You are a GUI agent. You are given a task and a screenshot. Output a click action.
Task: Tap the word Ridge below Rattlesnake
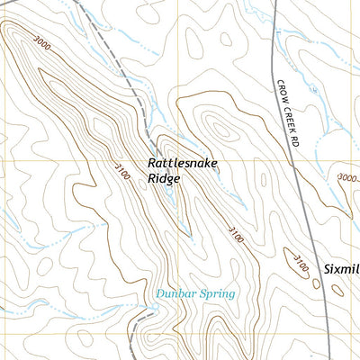tap(166, 179)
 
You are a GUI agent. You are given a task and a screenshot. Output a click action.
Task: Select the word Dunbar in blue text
tap(173, 293)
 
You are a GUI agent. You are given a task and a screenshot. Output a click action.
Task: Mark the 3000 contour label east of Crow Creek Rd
tap(348, 178)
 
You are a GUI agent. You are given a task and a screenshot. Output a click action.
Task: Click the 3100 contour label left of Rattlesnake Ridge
tap(121, 170)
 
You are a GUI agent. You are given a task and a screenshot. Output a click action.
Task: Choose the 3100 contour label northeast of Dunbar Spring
tap(235, 235)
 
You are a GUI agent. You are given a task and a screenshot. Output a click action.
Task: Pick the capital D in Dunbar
tap(158, 293)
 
